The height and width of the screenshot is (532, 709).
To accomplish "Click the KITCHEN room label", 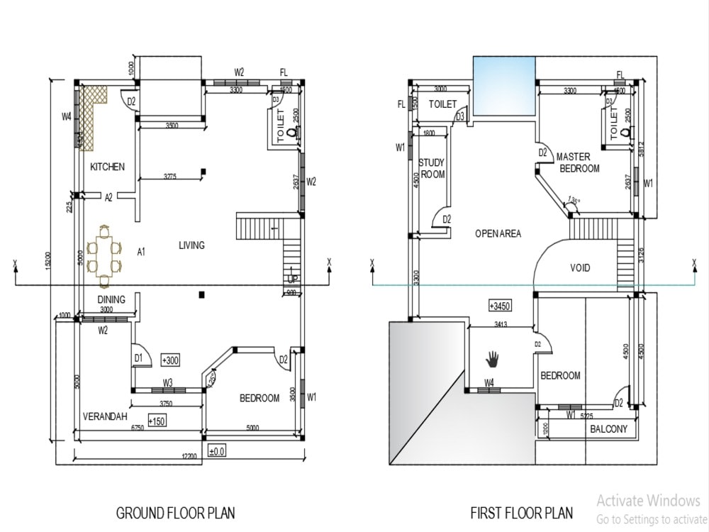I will [x=107, y=167].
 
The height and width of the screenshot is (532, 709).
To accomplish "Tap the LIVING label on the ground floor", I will [x=191, y=245].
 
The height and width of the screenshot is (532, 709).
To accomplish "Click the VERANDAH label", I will [x=105, y=416].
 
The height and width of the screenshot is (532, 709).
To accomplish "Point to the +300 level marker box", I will [x=171, y=360].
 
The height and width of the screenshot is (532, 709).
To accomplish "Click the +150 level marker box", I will [x=157, y=421].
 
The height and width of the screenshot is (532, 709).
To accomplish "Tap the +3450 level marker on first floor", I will [x=501, y=306].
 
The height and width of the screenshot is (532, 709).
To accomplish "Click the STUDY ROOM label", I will [x=432, y=168].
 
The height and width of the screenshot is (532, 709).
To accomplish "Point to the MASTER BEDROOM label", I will [x=579, y=162].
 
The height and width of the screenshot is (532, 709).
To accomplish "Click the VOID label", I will [x=580, y=268].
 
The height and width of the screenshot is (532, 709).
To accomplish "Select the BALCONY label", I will [x=608, y=429].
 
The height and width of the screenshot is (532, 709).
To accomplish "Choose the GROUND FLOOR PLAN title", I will [x=175, y=512].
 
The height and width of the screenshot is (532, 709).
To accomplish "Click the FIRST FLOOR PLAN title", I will [x=522, y=512].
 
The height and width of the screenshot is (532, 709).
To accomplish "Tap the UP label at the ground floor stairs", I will [x=292, y=279].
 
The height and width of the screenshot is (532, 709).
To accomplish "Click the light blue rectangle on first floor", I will [x=504, y=87].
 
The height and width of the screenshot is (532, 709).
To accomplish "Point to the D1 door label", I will [x=139, y=358].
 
